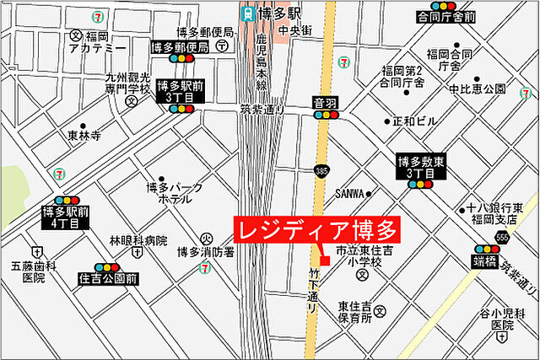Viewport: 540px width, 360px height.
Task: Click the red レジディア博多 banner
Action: click(x=315, y=229)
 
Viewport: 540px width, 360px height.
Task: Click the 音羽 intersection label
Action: click(x=325, y=102)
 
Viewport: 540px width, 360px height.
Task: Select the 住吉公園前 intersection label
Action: click(x=108, y=278)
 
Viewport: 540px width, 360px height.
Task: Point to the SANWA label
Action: click(x=349, y=193)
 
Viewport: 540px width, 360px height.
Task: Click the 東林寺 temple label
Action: click(x=84, y=135)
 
